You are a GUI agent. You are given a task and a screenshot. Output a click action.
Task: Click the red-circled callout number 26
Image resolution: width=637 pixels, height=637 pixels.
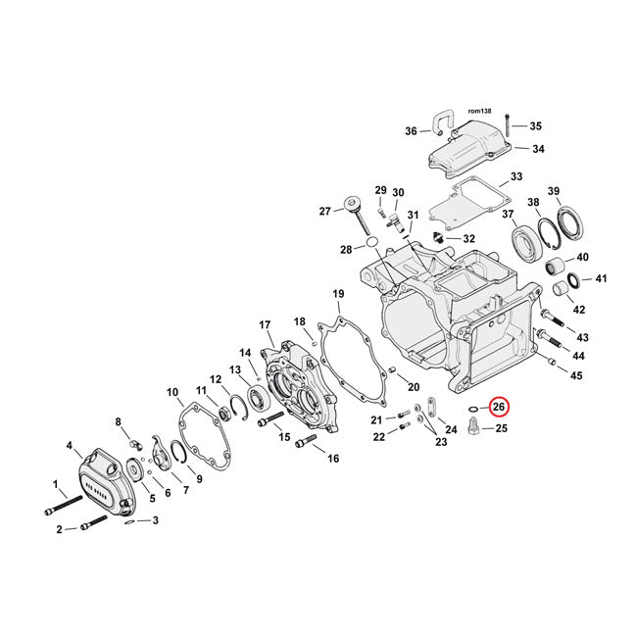[499, 407]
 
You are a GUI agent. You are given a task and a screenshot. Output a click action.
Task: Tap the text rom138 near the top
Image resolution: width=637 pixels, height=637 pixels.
[480, 112]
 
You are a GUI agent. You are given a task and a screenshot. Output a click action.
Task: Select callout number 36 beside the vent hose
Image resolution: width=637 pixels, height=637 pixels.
[411, 131]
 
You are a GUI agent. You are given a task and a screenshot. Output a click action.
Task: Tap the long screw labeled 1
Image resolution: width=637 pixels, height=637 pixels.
[61, 503]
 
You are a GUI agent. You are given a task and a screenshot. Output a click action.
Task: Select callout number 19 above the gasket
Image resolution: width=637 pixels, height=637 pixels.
[337, 294]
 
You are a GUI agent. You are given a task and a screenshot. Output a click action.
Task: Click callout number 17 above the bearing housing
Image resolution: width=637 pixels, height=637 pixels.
[264, 325]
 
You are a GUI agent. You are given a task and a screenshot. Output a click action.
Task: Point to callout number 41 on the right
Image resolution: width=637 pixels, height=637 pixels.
[602, 279]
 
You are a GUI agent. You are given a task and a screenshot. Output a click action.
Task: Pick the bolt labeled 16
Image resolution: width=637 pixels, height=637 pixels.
[303, 443]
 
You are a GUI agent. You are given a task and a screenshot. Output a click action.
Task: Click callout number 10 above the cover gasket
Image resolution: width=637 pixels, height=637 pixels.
[173, 393]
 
